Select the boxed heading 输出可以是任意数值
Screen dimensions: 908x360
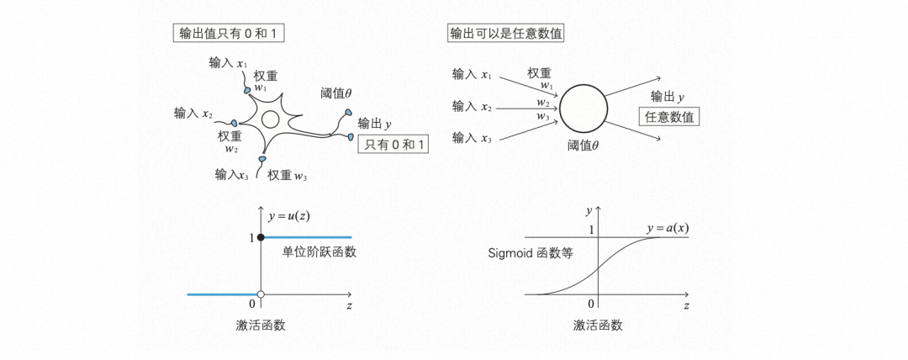[506, 34]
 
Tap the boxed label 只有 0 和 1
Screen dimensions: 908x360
[393, 145]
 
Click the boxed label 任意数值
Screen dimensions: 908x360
[669, 118]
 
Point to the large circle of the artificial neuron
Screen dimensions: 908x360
[585, 109]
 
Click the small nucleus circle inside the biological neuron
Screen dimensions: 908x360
[270, 119]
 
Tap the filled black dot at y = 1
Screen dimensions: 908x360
[261, 239]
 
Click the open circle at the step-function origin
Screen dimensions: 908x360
[261, 295]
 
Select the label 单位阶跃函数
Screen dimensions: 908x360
[314, 252]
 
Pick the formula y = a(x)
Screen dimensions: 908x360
[668, 229]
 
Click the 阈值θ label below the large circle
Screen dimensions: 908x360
[583, 146]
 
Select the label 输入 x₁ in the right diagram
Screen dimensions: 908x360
[472, 75]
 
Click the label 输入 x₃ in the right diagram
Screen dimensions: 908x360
[472, 136]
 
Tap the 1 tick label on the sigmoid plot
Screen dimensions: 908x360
[592, 230]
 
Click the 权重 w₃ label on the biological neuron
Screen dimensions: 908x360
[287, 175]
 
